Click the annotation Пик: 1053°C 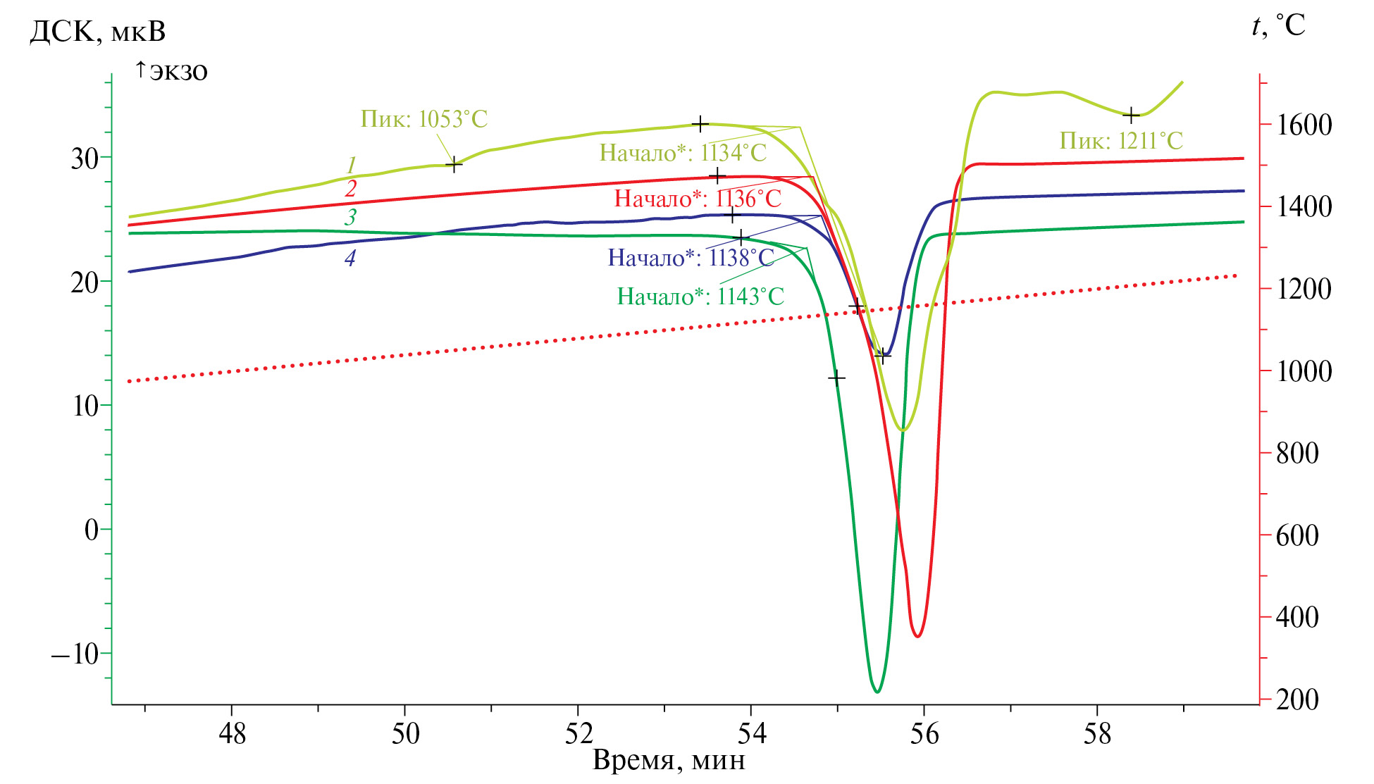[x=423, y=119]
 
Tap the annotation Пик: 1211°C [x=1120, y=141]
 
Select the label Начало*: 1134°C [x=682, y=153]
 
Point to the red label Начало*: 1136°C [x=698, y=199]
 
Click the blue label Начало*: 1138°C [x=691, y=258]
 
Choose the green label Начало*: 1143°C [x=700, y=297]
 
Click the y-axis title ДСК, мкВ [x=97, y=32]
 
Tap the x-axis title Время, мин [x=669, y=761]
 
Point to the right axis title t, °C [x=1278, y=26]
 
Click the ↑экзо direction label [x=171, y=71]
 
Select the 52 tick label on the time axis [x=578, y=734]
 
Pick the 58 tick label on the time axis [x=1097, y=734]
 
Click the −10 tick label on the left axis [x=75, y=654]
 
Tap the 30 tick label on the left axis [x=84, y=158]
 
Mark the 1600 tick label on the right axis [x=1304, y=125]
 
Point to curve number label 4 [x=349, y=259]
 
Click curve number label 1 [x=351, y=166]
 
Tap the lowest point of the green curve [x=877, y=692]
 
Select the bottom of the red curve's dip [x=917, y=637]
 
